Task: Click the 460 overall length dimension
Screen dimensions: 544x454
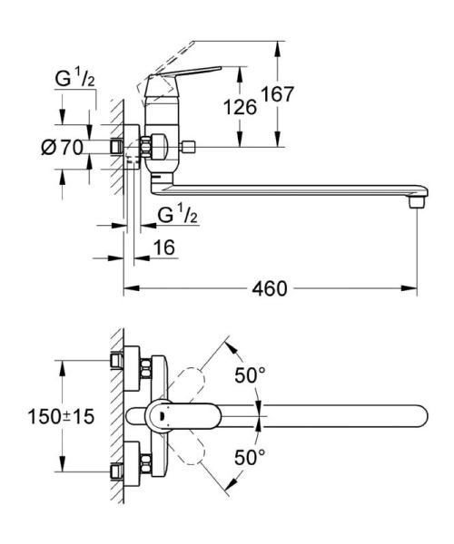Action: [269, 288]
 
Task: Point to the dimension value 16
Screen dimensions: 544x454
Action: [163, 247]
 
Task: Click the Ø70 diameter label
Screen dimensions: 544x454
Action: [71, 146]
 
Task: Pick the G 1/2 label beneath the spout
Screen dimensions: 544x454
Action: [177, 215]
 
